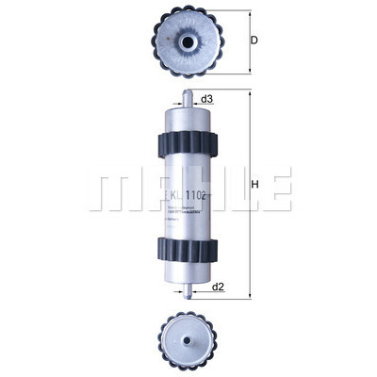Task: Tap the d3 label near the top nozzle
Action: (x=208, y=98)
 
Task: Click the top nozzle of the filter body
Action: (x=188, y=96)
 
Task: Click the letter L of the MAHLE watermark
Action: (x=237, y=191)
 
